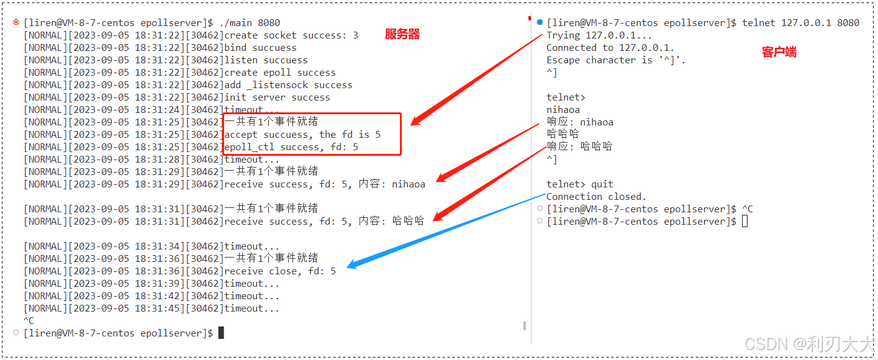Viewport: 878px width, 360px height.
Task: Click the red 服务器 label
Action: pos(402,35)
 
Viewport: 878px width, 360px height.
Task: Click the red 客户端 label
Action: pos(779,52)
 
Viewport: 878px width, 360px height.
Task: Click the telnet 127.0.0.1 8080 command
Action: pos(800,23)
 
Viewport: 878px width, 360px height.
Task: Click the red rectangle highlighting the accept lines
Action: pos(312,134)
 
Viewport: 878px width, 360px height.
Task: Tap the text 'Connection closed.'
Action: pos(596,197)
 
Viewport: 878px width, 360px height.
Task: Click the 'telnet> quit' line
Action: pos(579,184)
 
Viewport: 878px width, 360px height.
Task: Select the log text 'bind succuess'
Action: pos(260,48)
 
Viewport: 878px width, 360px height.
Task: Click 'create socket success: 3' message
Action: pos(291,35)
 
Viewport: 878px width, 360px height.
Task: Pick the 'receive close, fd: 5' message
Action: pos(280,271)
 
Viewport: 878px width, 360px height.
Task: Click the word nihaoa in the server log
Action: pos(409,184)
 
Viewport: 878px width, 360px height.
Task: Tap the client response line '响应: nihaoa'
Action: pos(579,122)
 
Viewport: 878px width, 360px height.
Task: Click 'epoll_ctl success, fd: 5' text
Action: pos(291,147)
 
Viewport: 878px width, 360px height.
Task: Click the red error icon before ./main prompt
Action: pos(16,23)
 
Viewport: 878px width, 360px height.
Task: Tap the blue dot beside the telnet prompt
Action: pos(540,23)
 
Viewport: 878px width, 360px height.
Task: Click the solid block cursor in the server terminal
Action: pos(221,333)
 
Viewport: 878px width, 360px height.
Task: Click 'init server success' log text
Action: pos(277,97)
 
